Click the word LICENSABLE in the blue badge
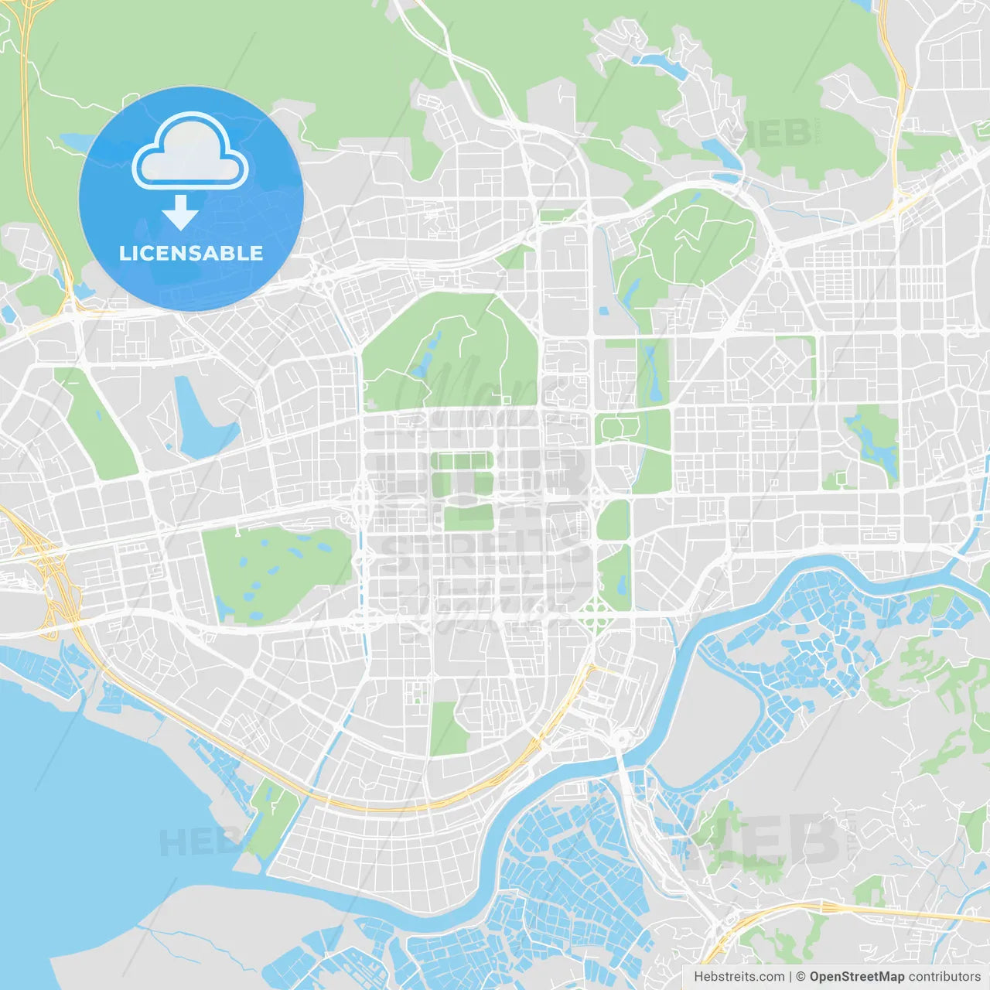[191, 253]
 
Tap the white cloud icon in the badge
[190, 152]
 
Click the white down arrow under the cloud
[180, 213]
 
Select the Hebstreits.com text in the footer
[739, 977]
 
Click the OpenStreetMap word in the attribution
[857, 977]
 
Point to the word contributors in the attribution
[944, 977]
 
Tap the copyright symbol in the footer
[801, 977]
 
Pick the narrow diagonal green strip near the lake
[101, 425]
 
